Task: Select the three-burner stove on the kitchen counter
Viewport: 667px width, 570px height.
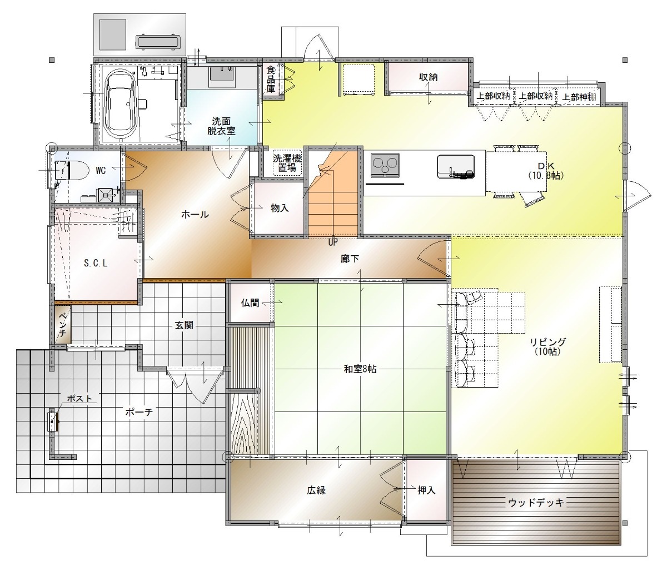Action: [385, 165]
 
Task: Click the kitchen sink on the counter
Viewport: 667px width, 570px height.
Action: [456, 166]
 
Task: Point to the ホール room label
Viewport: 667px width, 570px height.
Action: [195, 214]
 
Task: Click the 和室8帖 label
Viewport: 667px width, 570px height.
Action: [360, 369]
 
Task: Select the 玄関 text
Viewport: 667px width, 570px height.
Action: [184, 325]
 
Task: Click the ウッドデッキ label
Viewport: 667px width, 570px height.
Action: [536, 503]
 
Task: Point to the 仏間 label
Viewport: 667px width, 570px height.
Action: [250, 303]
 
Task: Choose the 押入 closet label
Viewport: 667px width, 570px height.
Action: [426, 490]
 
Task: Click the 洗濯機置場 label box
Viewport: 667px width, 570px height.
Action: [287, 163]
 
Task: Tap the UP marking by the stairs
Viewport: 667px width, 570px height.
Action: [332, 242]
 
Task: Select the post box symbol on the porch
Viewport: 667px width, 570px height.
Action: [53, 420]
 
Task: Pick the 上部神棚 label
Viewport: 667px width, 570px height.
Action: [580, 97]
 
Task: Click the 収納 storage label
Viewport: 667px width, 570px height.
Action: [428, 77]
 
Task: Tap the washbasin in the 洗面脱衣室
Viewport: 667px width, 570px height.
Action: [221, 77]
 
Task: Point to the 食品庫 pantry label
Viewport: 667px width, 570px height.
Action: [271, 80]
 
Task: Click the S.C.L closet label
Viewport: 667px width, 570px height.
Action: [96, 264]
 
